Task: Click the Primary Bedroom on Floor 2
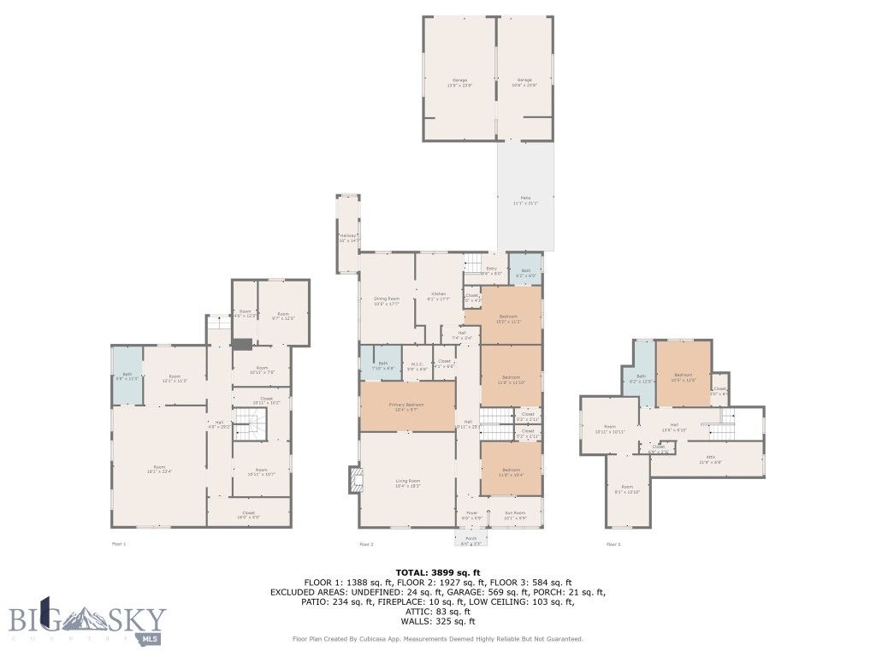[x=407, y=406]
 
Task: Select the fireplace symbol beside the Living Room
[x=354, y=480]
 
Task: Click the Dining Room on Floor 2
[x=387, y=300]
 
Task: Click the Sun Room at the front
[x=514, y=516]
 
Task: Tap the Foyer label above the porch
[x=472, y=516]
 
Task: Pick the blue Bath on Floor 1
[x=127, y=376]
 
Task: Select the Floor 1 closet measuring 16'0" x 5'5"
[x=248, y=515]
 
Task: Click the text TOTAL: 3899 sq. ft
[x=437, y=572]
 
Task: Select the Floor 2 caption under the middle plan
[x=366, y=544]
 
